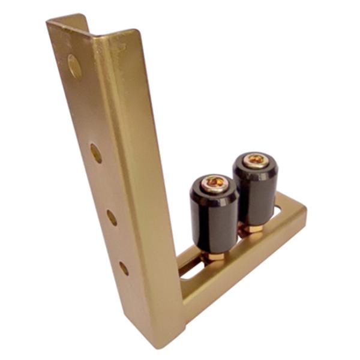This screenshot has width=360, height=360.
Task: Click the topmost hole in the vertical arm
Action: click(74, 67)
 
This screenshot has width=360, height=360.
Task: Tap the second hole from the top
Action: click(96, 153)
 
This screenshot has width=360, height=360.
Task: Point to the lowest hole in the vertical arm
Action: click(124, 268)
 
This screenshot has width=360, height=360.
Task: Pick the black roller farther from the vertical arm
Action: click(256, 192)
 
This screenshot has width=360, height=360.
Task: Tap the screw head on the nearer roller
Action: click(214, 182)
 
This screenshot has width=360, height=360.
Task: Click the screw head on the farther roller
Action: click(256, 160)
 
